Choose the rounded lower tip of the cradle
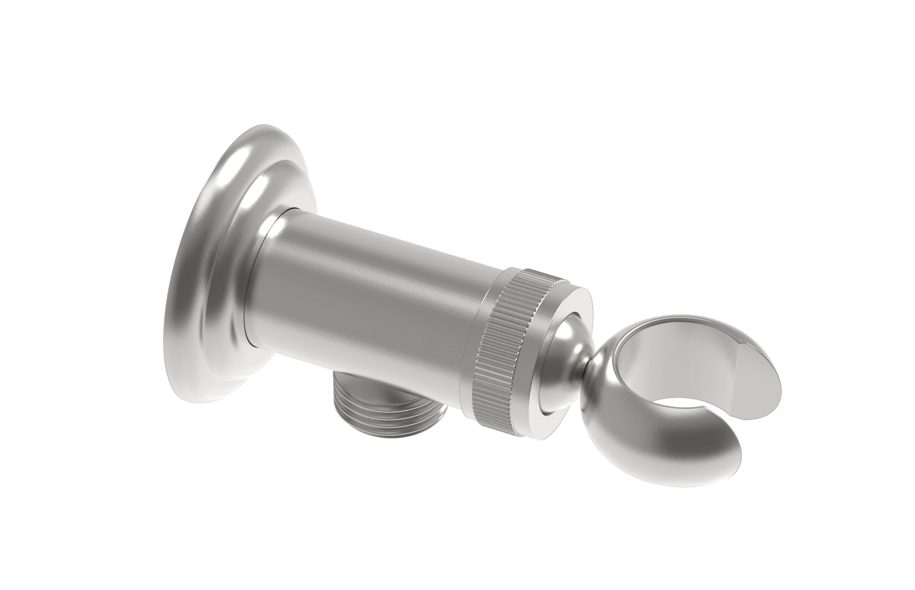click(715, 469)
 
